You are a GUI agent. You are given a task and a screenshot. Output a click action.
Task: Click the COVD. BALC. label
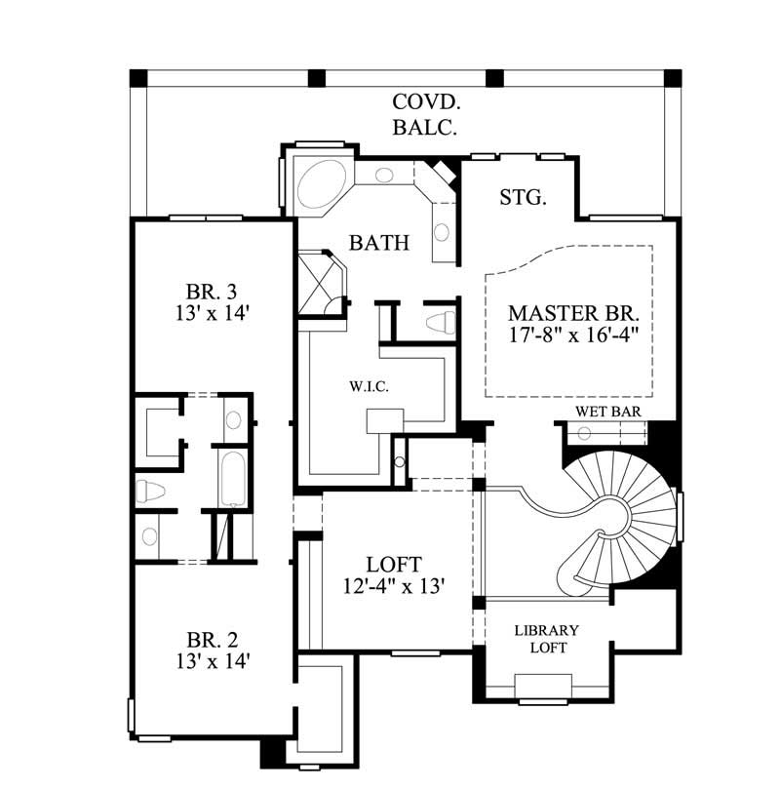425,113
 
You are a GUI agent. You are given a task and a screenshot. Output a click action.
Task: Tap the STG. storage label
523,197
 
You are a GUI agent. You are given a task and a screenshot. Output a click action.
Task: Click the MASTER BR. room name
573,314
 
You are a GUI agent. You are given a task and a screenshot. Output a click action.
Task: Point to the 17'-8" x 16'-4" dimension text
573,335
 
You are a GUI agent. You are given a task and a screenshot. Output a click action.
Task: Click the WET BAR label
607,412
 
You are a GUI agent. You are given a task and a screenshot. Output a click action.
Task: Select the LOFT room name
394,564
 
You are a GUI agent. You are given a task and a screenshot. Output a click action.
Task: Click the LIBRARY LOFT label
547,639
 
